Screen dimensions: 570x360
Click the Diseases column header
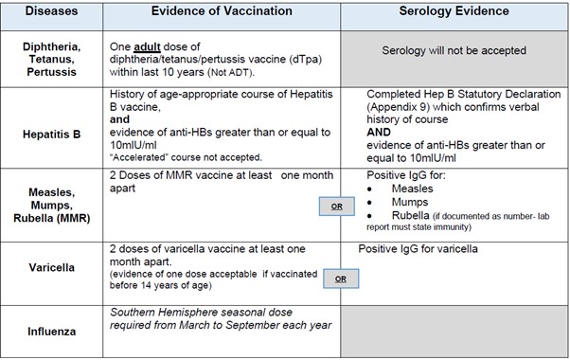52,12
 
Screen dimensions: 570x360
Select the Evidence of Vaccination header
222,12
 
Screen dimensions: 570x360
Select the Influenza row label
51,333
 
